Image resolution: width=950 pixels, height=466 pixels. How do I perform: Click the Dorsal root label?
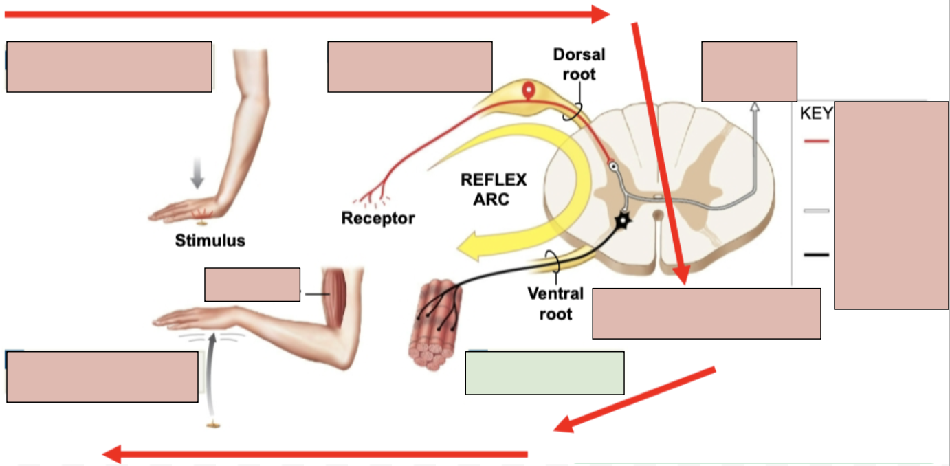coord(579,64)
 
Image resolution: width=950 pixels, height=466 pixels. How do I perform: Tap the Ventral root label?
coord(555,304)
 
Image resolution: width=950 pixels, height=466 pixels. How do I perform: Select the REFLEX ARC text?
coord(494,190)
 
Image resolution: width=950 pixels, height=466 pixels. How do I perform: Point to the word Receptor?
coord(378,219)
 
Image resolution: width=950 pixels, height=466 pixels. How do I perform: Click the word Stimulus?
coord(210,241)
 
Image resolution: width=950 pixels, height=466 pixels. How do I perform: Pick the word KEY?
coord(816,113)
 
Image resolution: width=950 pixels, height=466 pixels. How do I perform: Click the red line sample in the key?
coord(817,141)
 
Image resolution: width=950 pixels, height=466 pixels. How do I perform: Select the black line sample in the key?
coord(817,255)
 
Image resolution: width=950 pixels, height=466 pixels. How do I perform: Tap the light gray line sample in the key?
coord(817,210)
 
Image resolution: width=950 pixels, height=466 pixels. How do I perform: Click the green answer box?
coord(544,373)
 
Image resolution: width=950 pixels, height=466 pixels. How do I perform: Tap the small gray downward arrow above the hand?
coord(197,177)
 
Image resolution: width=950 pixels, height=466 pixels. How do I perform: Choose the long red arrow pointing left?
coord(316,454)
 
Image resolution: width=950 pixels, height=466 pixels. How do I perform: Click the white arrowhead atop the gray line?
coord(754,107)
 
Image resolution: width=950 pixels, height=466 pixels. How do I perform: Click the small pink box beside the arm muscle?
coord(252,285)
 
